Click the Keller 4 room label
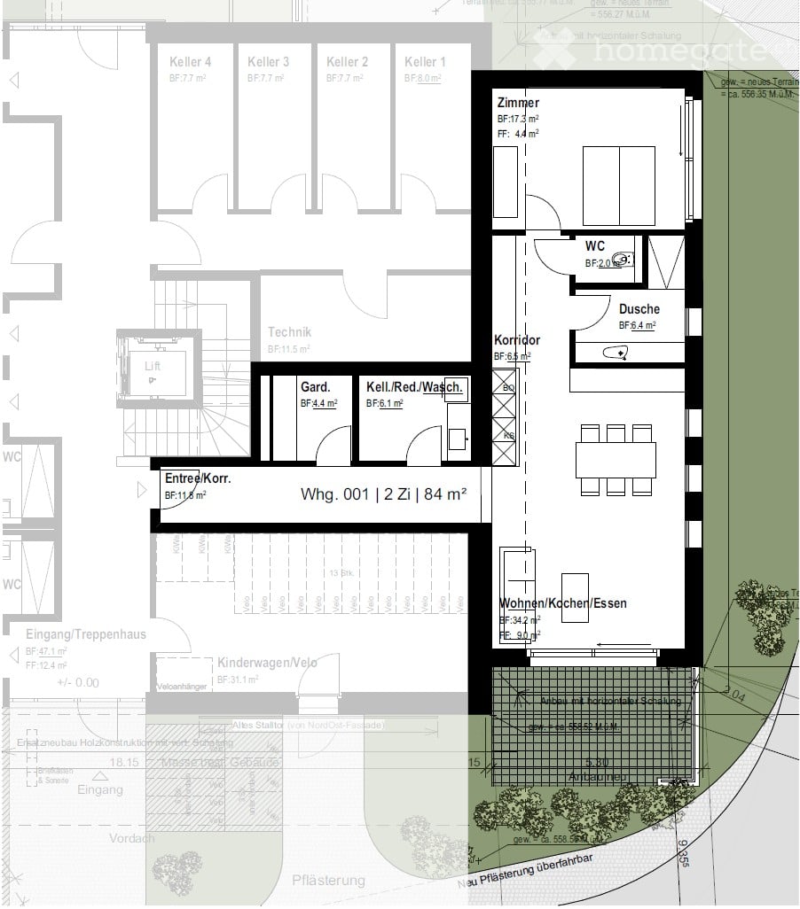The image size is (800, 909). [190, 62]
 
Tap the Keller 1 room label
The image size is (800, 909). [425, 62]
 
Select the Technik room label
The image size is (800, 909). [289, 332]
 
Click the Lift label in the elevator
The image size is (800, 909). [153, 366]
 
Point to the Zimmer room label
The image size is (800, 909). [518, 103]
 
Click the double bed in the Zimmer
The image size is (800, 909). [618, 186]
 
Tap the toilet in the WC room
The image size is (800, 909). [625, 260]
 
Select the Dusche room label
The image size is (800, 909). [639, 309]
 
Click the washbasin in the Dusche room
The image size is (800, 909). [615, 353]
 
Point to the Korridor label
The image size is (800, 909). [516, 340]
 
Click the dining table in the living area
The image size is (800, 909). [616, 460]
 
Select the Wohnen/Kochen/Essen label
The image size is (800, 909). [562, 603]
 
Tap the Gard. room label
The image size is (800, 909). [315, 387]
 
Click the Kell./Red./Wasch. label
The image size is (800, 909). [415, 387]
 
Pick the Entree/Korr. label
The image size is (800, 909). [198, 478]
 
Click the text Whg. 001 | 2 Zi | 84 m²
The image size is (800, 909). [384, 495]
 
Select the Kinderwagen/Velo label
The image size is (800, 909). [267, 663]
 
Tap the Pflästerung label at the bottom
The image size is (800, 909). [328, 880]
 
